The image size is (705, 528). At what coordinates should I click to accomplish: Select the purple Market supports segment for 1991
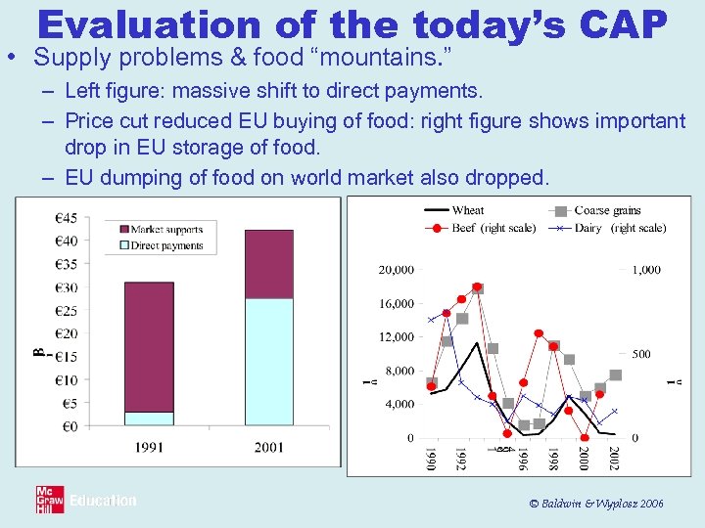(x=149, y=346)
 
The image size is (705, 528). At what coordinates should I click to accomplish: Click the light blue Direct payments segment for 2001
(x=267, y=362)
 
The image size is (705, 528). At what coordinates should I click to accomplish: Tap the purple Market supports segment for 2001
(x=267, y=264)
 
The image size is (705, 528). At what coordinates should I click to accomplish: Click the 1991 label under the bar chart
(x=149, y=447)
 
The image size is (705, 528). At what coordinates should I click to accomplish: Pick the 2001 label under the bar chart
(x=267, y=447)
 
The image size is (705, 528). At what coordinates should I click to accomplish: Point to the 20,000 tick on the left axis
(x=396, y=269)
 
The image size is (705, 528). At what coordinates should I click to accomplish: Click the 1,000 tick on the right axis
(x=646, y=269)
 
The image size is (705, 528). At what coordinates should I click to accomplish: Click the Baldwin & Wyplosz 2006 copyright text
(x=595, y=503)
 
